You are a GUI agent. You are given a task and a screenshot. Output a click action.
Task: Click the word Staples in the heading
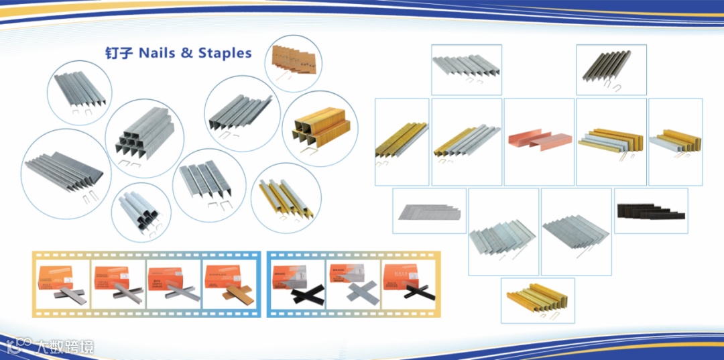[x=225, y=53]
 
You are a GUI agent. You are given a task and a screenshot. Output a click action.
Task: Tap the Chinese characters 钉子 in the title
[x=119, y=54]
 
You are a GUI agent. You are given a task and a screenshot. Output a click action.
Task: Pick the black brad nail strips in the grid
[x=650, y=211]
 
